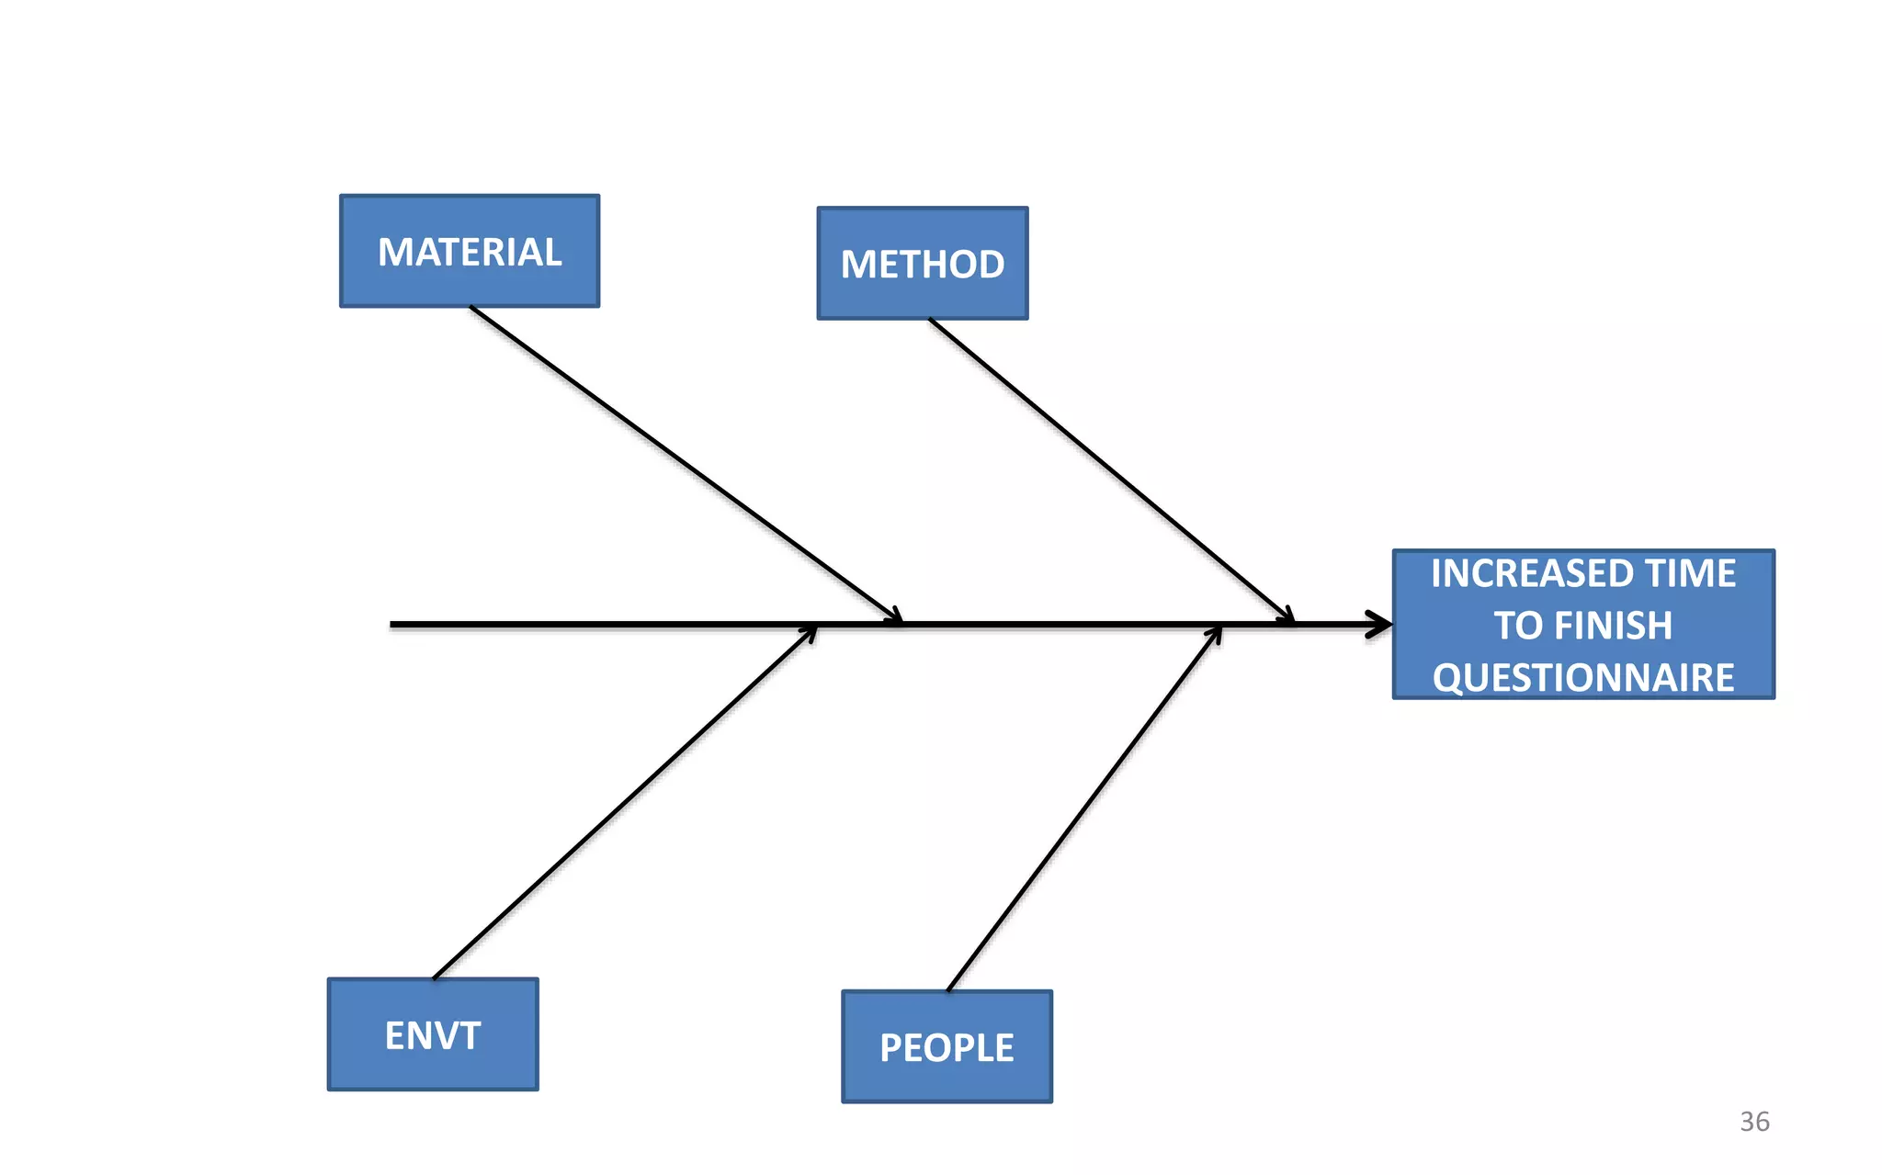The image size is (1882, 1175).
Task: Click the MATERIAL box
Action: coord(470,251)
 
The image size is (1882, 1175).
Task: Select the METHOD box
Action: coord(923,264)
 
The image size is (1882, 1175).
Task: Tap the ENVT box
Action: coord(433,1034)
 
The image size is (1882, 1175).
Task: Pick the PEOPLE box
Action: coord(947,1046)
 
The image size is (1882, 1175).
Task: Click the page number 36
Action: coord(1754,1122)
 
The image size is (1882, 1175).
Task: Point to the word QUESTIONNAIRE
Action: coord(1583,678)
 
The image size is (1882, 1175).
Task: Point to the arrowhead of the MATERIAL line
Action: coord(895,616)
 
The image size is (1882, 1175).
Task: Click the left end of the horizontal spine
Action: coord(393,625)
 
